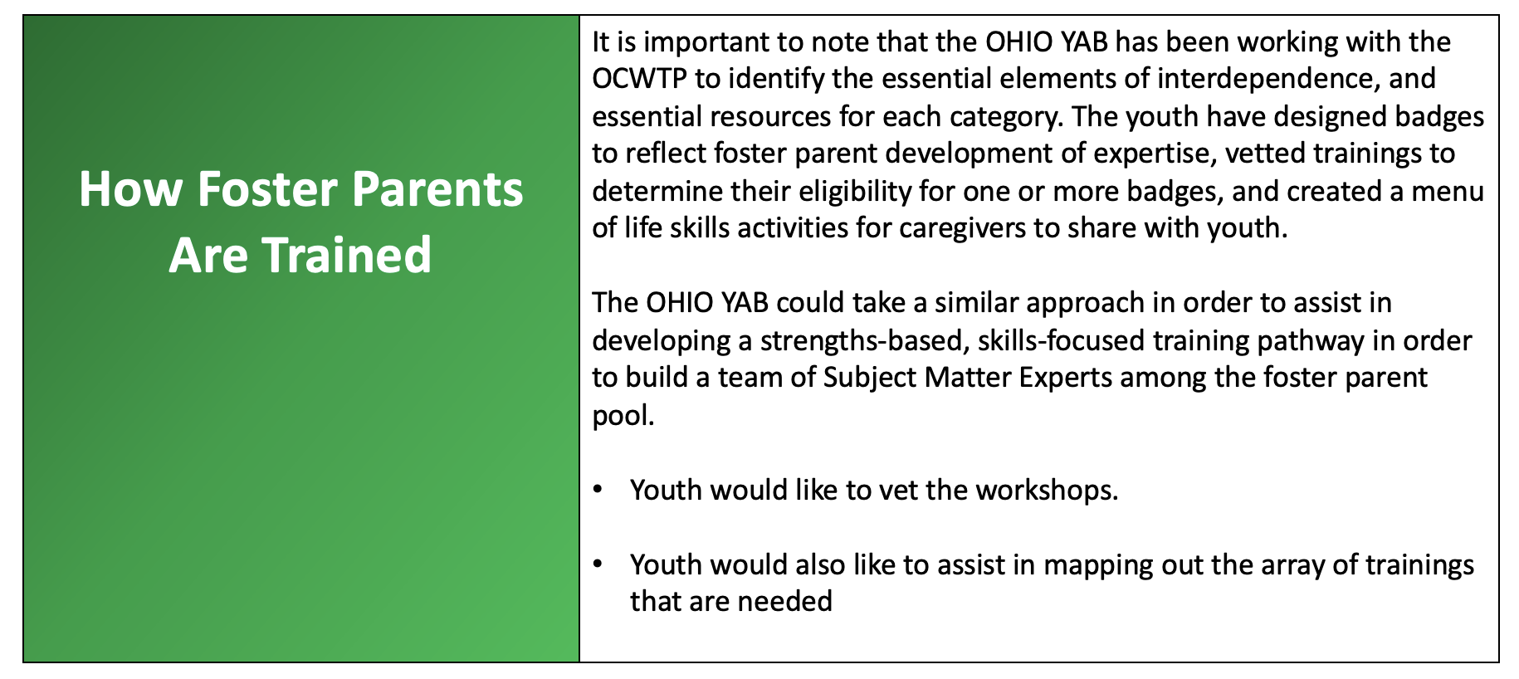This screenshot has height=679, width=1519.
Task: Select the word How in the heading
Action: pos(131,189)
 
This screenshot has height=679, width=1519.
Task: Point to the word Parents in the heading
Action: pos(438,189)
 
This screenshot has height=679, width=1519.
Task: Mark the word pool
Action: pos(622,415)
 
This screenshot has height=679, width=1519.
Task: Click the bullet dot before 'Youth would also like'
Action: pos(598,564)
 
